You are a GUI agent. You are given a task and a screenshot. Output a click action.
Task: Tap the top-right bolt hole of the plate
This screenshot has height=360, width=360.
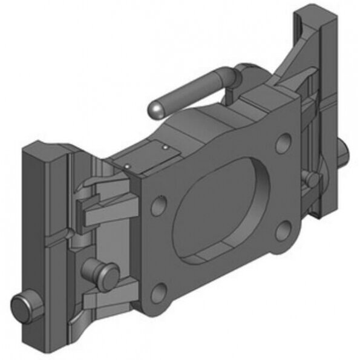[x=283, y=144]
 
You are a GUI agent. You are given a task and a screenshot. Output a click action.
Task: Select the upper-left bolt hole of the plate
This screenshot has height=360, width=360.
[x=159, y=206]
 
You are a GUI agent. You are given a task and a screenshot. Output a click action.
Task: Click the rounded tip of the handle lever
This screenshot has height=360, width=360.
[x=156, y=110]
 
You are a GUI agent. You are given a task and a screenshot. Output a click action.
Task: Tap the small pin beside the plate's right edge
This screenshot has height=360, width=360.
[x=310, y=178]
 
